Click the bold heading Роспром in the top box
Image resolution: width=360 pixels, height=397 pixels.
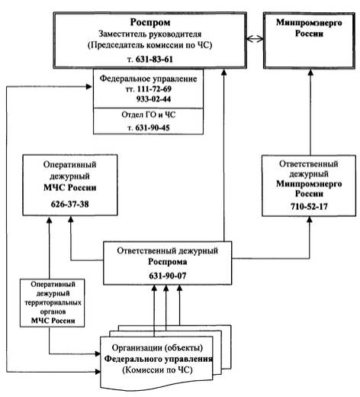pyautogui.click(x=150, y=22)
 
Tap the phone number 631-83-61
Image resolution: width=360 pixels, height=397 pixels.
pyautogui.click(x=154, y=60)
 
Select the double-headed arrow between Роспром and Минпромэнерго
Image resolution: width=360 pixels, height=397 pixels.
pyautogui.click(x=255, y=39)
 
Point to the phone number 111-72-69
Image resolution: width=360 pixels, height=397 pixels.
pyautogui.click(x=154, y=89)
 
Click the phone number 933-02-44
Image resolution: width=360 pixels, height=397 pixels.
pyautogui.click(x=153, y=98)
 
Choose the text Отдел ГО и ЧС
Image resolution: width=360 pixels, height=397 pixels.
pyautogui.click(x=149, y=115)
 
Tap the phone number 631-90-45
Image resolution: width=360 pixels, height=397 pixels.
pyautogui.click(x=153, y=127)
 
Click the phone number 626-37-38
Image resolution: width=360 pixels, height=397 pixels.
pyautogui.click(x=70, y=204)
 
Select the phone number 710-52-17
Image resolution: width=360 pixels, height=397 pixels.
pyautogui.click(x=309, y=206)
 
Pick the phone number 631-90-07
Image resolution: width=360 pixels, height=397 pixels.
pyautogui.click(x=168, y=276)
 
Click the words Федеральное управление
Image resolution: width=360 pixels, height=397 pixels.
pyautogui.click(x=148, y=79)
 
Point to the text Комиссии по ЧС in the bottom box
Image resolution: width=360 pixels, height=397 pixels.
pyautogui.click(x=157, y=370)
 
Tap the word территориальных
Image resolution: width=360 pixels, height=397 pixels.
pyautogui.click(x=53, y=302)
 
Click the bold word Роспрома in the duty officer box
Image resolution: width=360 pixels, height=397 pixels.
pyautogui.click(x=168, y=262)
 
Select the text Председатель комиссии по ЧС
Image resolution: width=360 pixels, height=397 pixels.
pyautogui.click(x=150, y=45)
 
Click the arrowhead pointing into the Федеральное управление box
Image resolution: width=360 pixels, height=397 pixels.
pyautogui.click(x=89, y=87)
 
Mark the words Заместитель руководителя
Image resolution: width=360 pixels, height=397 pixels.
pyautogui.click(x=150, y=34)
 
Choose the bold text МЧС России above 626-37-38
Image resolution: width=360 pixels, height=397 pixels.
pyautogui.click(x=70, y=188)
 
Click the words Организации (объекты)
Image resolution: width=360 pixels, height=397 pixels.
pyautogui.click(x=157, y=348)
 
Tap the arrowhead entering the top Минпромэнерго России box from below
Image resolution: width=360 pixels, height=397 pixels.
pyautogui.click(x=310, y=72)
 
